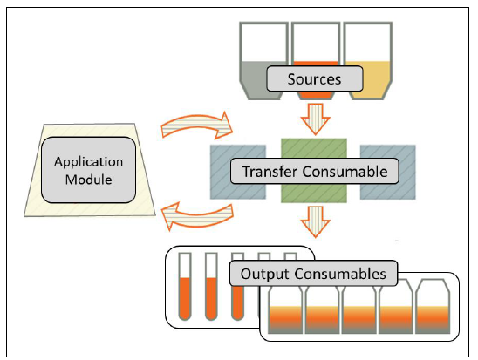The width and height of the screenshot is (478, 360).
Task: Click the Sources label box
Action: [x=315, y=78]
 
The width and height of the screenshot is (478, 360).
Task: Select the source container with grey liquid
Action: [x=263, y=61]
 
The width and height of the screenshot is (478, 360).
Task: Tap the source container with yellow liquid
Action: [x=368, y=61]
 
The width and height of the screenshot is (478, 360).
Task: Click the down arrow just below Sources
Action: [x=315, y=119]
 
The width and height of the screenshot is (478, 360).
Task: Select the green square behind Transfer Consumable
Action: [x=314, y=171]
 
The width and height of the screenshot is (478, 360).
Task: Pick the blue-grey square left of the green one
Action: [x=238, y=172]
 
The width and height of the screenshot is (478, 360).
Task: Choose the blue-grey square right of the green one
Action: [x=388, y=172]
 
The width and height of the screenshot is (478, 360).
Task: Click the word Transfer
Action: [x=270, y=172]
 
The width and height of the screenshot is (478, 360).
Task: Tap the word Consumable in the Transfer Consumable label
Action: [x=345, y=172]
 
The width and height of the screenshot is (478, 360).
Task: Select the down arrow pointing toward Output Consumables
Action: [x=315, y=221]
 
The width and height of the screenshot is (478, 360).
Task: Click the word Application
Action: [x=89, y=162]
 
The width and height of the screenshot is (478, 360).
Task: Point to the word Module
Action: [x=88, y=180]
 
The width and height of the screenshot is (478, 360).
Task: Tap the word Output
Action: [x=264, y=274]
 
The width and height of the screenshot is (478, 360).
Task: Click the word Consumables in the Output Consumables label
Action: [x=340, y=274]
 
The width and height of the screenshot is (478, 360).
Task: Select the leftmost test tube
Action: [x=185, y=286]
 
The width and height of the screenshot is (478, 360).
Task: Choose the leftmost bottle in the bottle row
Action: [x=285, y=310]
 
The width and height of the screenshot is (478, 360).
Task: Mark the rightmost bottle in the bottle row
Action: [x=433, y=307]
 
